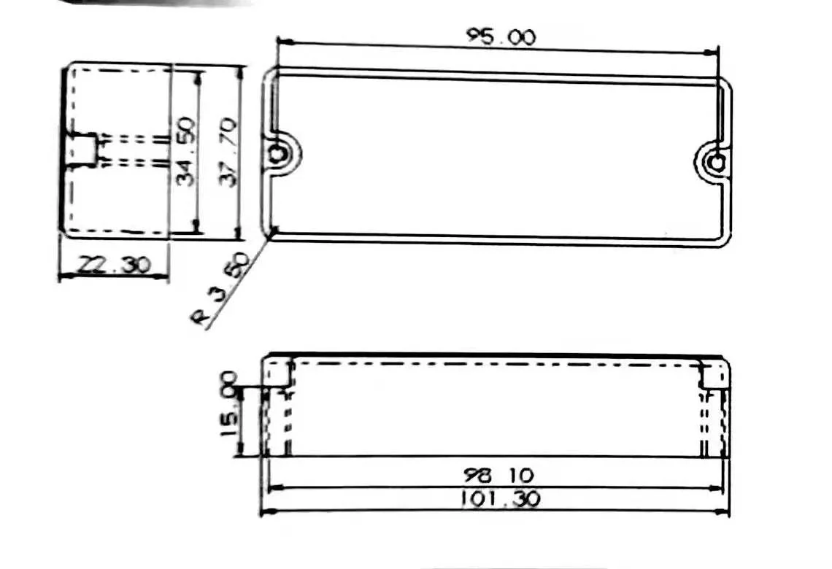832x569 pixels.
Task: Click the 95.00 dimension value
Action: [501, 37]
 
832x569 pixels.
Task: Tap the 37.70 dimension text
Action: [228, 153]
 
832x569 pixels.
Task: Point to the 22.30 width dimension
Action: [113, 264]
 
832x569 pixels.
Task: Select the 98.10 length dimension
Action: [496, 475]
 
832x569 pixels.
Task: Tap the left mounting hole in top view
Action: [279, 154]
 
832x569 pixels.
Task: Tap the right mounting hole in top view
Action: [717, 161]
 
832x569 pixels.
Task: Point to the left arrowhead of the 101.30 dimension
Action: [266, 511]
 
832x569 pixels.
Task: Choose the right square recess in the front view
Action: [713, 376]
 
